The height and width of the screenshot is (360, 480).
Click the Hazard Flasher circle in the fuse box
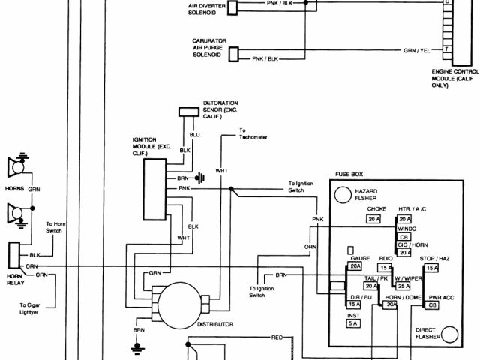point(343,195)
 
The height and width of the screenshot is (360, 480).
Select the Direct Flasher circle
point(450,333)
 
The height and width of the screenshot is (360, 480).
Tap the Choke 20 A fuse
point(373,219)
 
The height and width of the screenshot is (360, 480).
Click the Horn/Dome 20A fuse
point(390,305)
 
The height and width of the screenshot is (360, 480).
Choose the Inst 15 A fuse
point(353,325)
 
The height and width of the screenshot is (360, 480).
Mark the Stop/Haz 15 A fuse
point(431,268)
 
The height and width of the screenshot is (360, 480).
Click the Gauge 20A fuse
point(355,266)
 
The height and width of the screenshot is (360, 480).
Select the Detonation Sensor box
point(187,112)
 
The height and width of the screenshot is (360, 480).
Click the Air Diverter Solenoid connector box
point(233,8)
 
